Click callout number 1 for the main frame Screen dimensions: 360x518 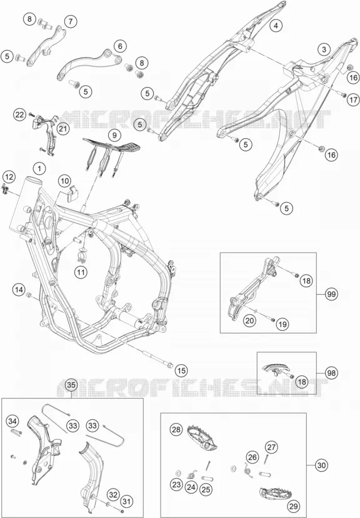39,169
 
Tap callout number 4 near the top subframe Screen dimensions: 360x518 276,25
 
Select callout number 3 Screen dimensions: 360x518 324,49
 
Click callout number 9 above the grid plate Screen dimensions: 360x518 114,135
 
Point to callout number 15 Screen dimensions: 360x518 182,370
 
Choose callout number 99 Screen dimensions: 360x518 331,293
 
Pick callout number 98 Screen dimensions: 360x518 331,373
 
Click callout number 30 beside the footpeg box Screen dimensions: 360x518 321,465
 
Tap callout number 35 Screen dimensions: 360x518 71,385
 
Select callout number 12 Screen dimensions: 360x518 9,177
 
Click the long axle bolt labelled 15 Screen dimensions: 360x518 157,360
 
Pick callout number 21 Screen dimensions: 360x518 63,128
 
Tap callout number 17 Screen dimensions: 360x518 353,99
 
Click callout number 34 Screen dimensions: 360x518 12,421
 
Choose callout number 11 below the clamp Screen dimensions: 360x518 81,273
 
